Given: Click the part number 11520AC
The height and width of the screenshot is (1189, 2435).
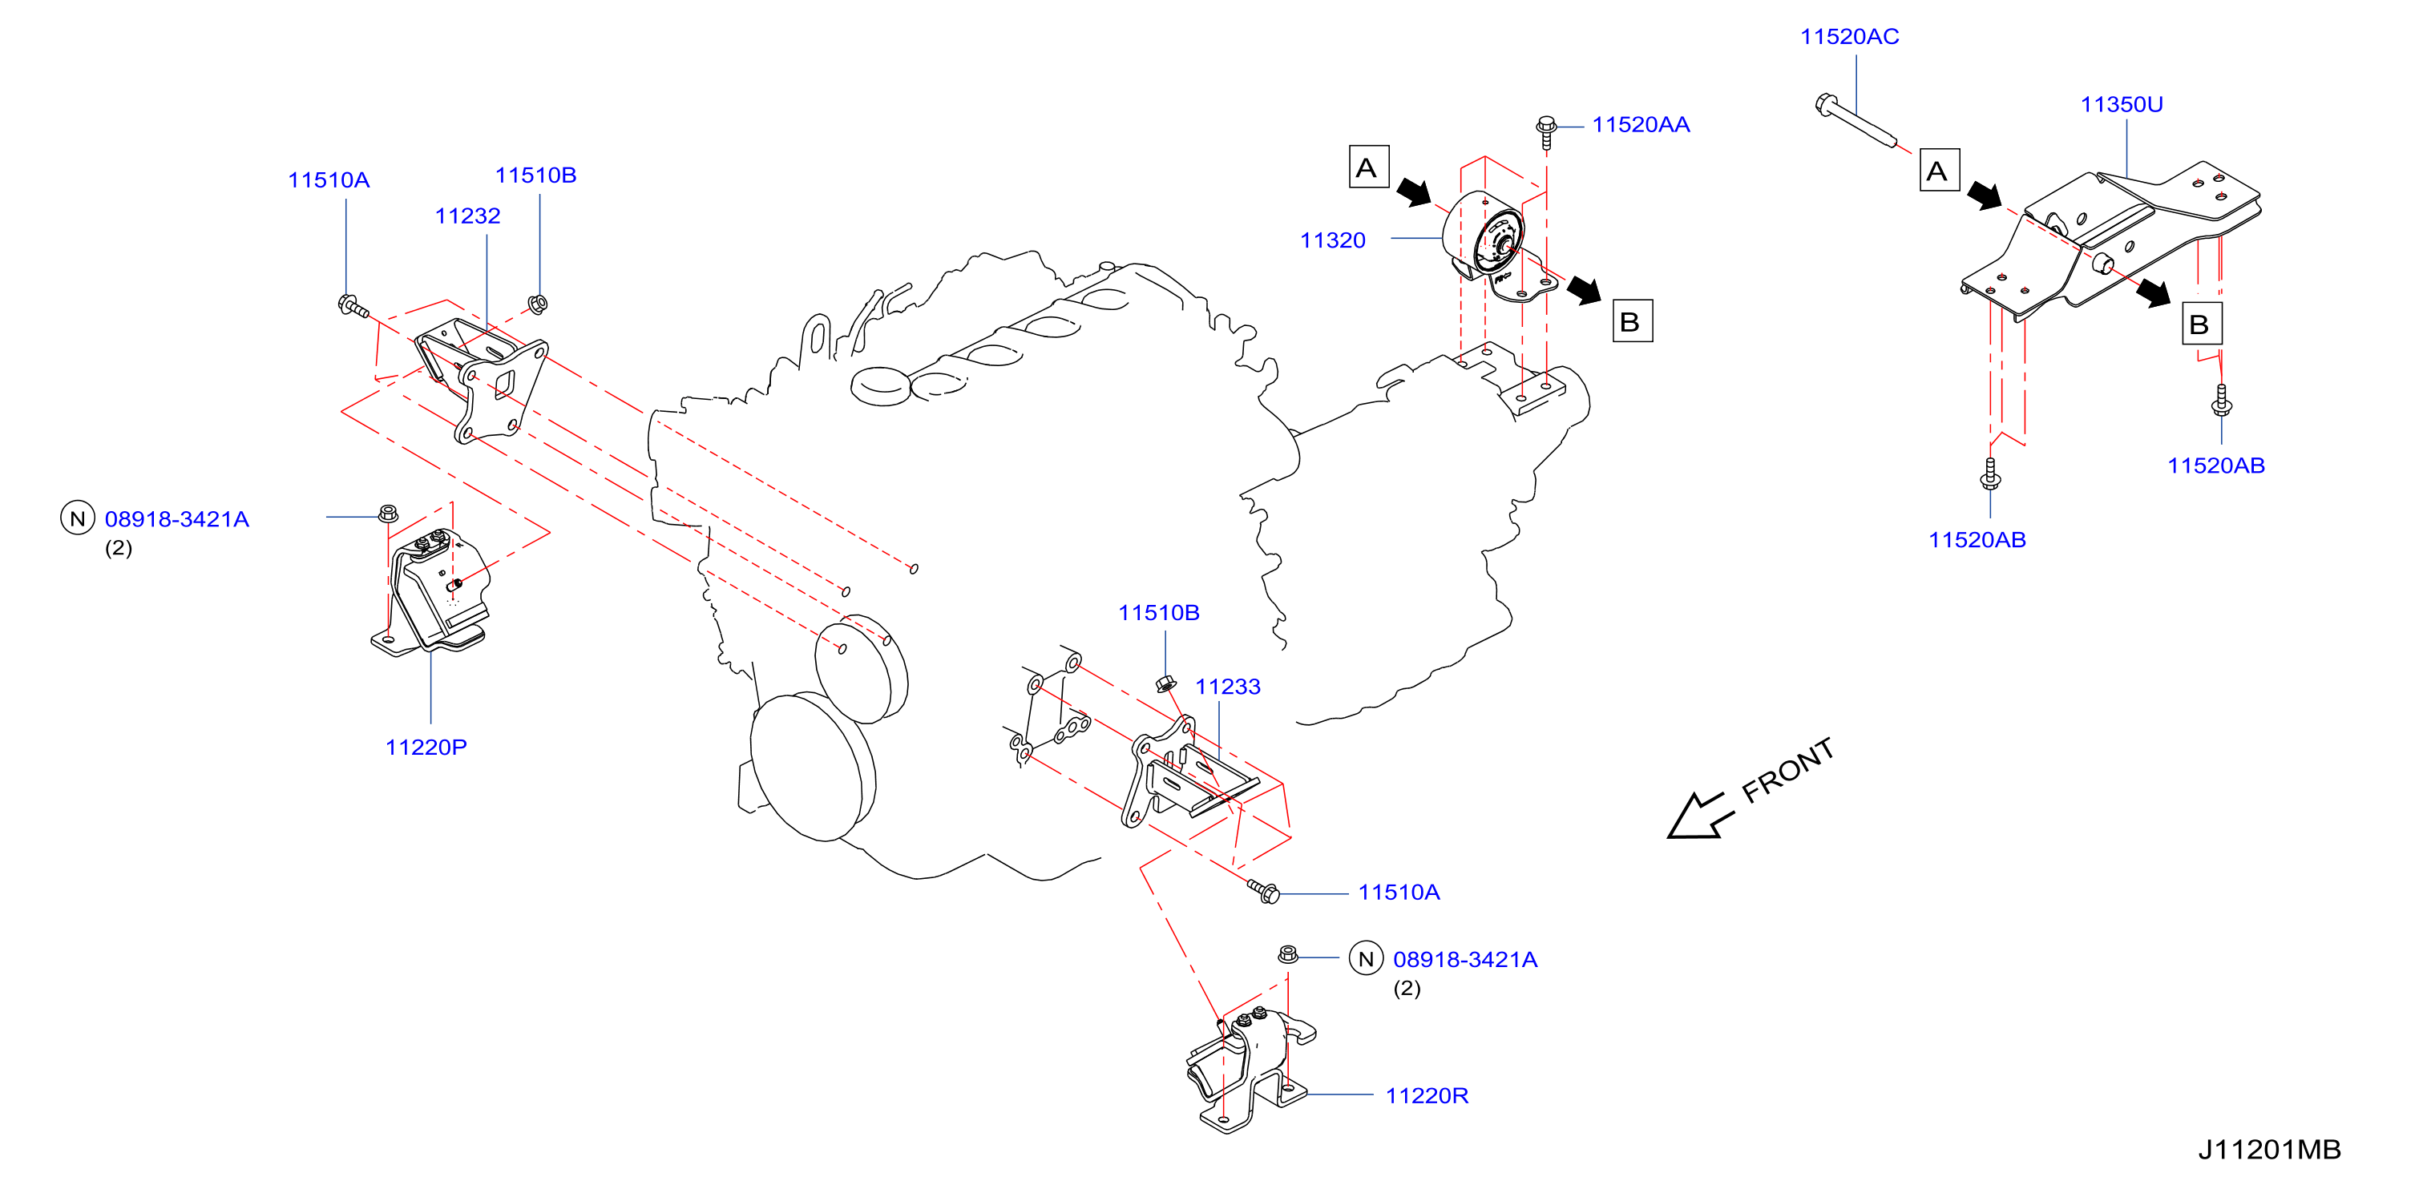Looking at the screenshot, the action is tap(1849, 37).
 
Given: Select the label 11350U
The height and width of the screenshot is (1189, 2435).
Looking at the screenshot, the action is tap(2121, 105).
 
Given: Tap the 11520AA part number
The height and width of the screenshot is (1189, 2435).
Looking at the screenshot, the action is tap(1640, 125).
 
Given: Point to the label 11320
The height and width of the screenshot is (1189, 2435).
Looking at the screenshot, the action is tap(1332, 240).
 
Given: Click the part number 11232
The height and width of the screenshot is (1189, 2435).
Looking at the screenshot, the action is tap(467, 216).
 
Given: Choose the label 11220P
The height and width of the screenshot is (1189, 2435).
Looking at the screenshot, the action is tap(426, 747).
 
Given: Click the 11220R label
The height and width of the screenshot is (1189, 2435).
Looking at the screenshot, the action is tap(1427, 1095).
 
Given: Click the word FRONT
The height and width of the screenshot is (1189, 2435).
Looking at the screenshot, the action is tap(1787, 770).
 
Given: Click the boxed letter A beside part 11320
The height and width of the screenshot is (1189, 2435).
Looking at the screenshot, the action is tap(1368, 167).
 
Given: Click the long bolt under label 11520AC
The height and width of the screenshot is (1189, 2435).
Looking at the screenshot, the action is tap(1855, 122).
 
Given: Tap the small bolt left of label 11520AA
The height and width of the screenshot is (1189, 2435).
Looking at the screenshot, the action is tap(1546, 133).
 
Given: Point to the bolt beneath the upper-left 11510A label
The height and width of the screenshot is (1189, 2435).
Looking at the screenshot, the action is tap(353, 306).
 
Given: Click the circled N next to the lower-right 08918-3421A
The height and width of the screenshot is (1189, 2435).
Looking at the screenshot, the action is tap(1366, 959).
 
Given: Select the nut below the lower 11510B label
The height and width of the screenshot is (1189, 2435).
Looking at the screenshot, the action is tap(1165, 683).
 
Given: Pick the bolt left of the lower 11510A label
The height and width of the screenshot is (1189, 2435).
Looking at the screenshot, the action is tap(1264, 891).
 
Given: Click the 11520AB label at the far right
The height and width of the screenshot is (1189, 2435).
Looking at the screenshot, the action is tap(2215, 466).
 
